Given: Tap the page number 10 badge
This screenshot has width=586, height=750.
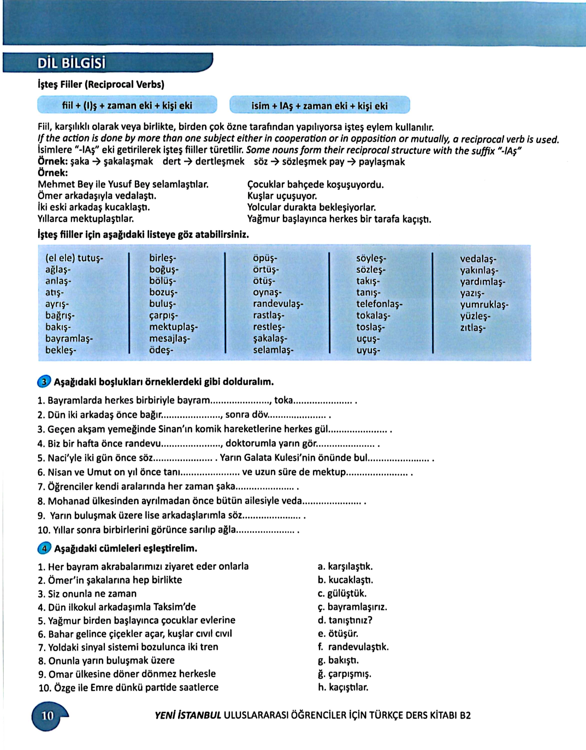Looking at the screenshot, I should (x=48, y=716).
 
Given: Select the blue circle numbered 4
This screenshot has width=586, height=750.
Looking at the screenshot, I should (x=43, y=548).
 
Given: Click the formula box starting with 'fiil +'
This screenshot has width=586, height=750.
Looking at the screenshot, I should (x=127, y=105).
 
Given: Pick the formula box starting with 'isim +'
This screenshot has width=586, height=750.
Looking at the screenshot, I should (x=319, y=105).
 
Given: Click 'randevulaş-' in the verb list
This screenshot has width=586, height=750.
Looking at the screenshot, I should (x=278, y=304).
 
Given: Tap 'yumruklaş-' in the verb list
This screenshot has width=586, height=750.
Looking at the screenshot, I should (x=484, y=304).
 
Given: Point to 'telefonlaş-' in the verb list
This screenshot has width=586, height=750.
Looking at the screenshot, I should (x=379, y=304).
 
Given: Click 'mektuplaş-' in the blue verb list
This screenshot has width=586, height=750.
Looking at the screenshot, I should (x=173, y=327).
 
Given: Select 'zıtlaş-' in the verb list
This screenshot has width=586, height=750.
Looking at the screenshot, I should (x=473, y=327).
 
